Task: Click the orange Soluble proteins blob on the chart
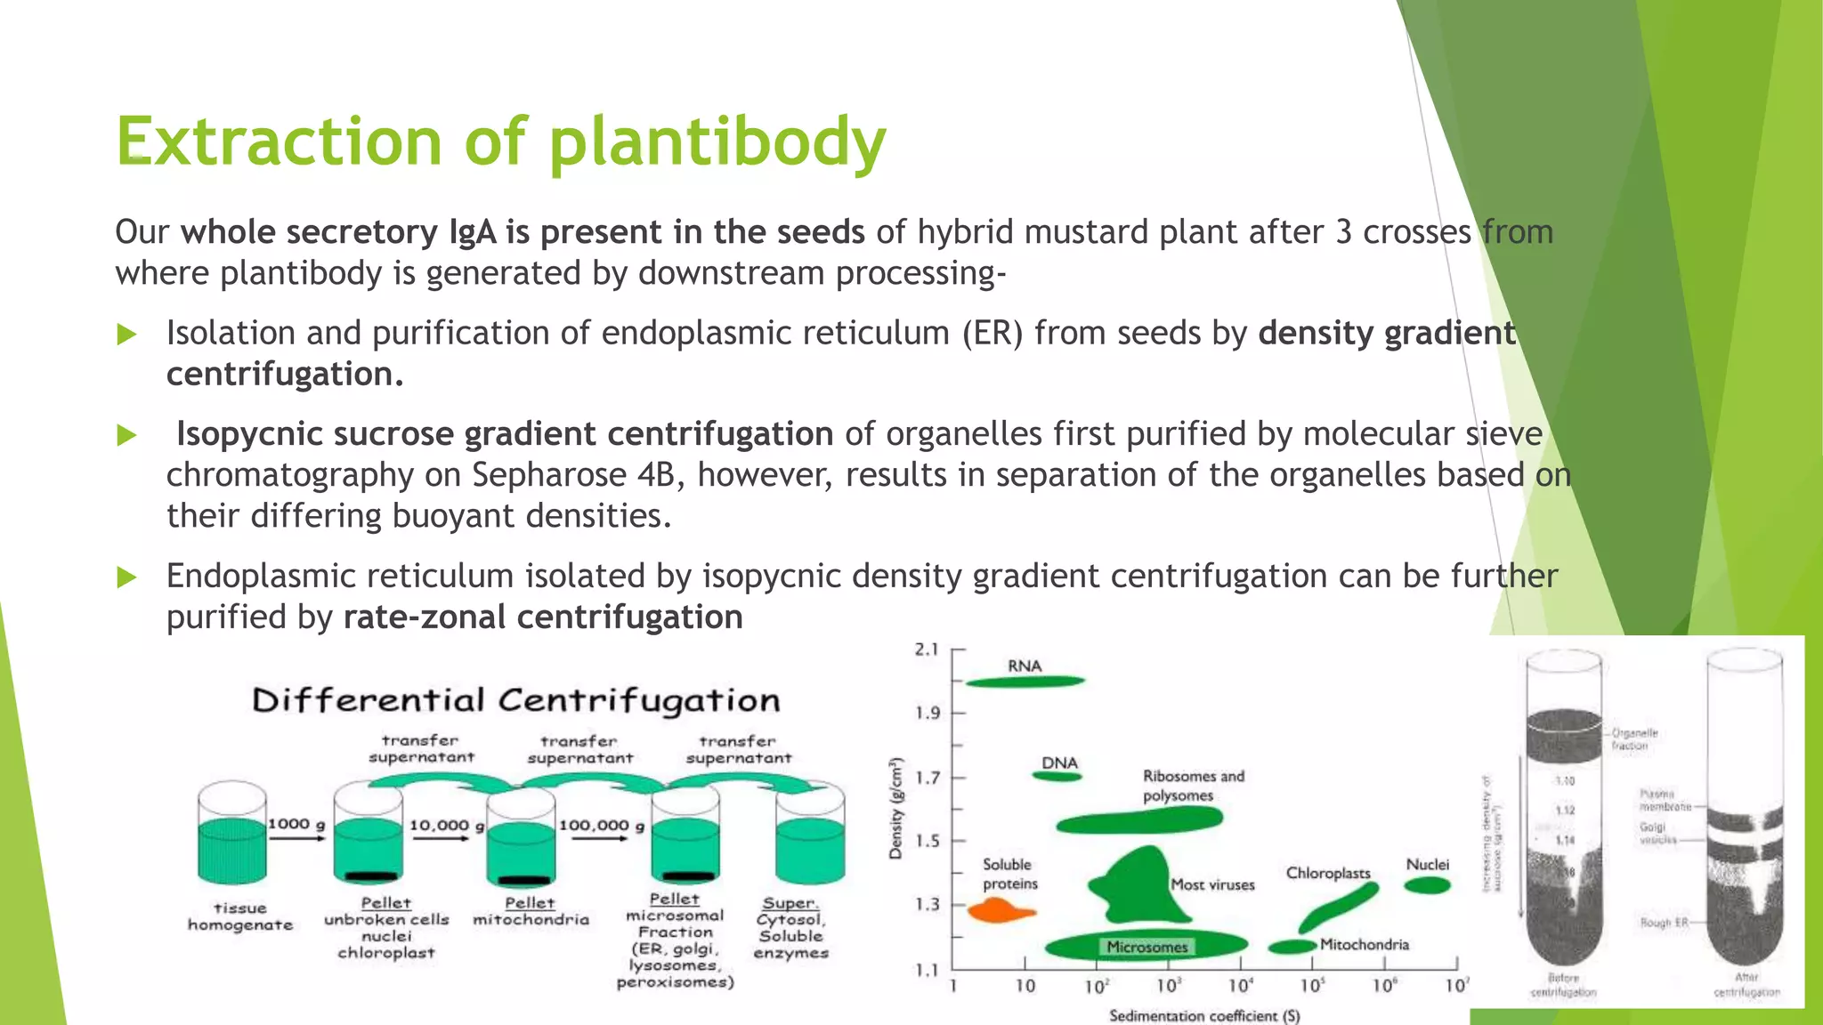[x=999, y=910]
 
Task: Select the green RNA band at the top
[x=1025, y=682]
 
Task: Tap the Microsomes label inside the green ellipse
[x=1146, y=947]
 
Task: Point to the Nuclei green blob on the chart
[x=1427, y=884]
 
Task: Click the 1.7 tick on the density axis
[x=928, y=778]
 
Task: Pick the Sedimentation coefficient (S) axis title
[x=1203, y=1015]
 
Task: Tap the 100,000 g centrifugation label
[x=602, y=826]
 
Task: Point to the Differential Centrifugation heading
[x=515, y=700]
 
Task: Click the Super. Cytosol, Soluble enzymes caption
[x=790, y=928]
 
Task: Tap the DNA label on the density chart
[x=1059, y=763]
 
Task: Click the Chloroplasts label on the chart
[x=1327, y=873]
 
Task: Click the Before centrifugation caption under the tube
[x=1563, y=985]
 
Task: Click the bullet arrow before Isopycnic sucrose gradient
[x=127, y=435]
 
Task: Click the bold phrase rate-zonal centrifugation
[x=543, y=617]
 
